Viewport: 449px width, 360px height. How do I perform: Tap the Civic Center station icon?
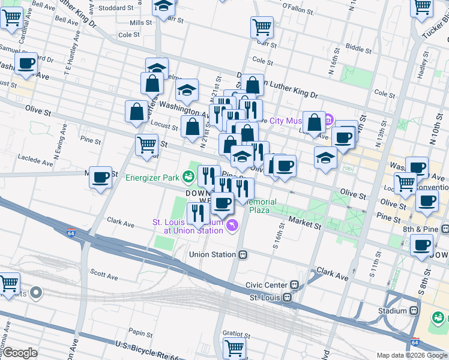(x=294, y=285)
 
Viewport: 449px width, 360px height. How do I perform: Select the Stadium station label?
(x=393, y=311)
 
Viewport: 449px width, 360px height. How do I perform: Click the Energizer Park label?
(x=152, y=178)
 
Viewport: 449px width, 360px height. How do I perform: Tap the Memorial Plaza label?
(x=259, y=206)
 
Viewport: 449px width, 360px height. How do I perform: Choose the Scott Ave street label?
(x=104, y=276)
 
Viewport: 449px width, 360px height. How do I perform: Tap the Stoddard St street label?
(x=116, y=8)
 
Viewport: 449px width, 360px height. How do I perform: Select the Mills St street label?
(x=142, y=22)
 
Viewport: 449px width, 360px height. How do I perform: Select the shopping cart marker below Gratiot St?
(x=234, y=347)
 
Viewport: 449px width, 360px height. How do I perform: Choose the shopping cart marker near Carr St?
(x=262, y=26)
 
